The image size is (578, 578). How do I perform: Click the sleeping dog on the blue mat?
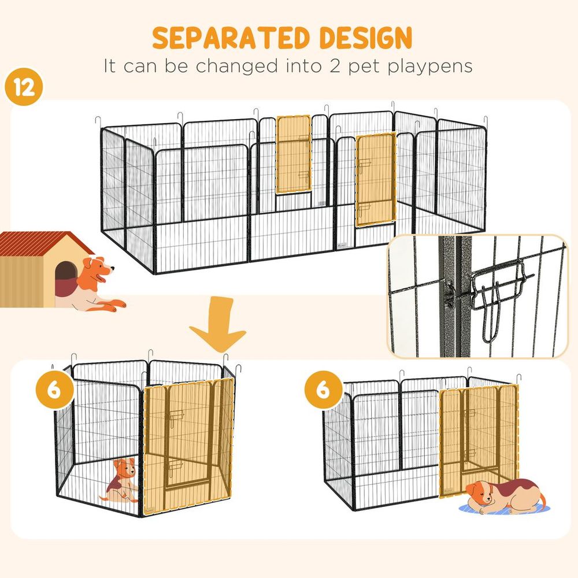tap(503, 494)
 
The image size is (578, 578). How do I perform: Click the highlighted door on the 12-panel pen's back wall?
tap(294, 155)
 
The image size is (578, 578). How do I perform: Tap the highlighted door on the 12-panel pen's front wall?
tap(375, 179)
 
